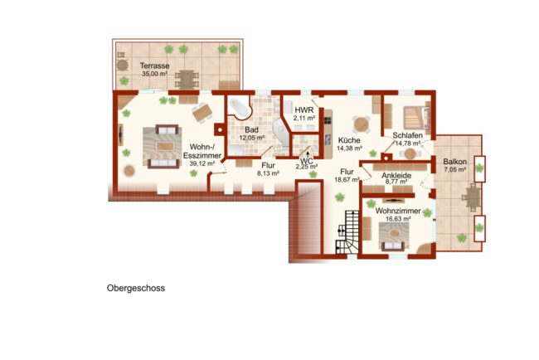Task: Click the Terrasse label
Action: [154, 66]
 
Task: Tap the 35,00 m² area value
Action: [154, 74]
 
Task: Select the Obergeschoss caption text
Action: [136, 288]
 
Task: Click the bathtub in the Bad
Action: [240, 109]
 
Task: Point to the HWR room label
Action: [304, 110]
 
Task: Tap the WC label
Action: [306, 161]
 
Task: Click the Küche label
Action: [349, 140]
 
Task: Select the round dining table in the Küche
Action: [361, 124]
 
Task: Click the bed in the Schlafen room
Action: [416, 117]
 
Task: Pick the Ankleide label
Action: [396, 175]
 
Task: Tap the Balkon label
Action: [454, 162]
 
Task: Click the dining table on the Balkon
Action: [473, 197]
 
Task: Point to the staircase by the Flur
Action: [347, 232]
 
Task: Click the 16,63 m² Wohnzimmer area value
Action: [398, 219]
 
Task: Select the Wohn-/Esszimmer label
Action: [202, 151]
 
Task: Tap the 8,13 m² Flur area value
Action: [268, 173]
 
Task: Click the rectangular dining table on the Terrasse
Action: [187, 80]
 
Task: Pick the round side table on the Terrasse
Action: [122, 65]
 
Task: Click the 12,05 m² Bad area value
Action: [251, 138]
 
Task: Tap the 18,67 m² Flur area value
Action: [347, 179]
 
